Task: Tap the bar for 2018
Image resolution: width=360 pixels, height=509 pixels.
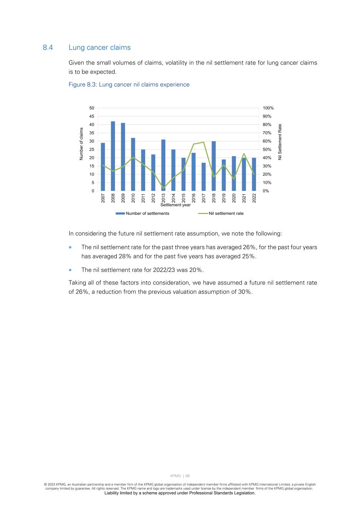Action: tap(213, 166)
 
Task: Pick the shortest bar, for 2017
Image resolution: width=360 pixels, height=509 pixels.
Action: tap(203, 177)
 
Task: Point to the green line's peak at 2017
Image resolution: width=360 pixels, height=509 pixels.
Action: tap(203, 142)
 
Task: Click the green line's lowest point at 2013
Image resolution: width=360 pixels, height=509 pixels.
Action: tap(163, 188)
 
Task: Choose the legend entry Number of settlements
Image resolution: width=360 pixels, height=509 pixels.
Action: tap(147, 214)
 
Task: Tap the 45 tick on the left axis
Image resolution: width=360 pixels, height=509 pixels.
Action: tap(91, 116)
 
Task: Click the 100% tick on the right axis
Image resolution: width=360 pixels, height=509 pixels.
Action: tap(268, 108)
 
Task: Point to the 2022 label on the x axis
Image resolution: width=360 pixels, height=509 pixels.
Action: tap(254, 198)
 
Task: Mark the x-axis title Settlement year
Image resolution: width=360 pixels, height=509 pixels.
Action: tap(175, 205)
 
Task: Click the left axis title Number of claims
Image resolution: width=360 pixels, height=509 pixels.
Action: tap(81, 144)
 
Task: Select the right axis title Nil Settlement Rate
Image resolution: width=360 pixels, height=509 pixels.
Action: tap(280, 142)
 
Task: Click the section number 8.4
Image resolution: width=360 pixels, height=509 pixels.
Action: tap(48, 48)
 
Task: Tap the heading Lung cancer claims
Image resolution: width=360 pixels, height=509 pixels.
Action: tap(100, 48)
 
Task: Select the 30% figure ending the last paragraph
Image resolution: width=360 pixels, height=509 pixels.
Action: tap(245, 292)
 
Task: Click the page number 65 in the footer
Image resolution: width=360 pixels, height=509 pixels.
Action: tap(188, 476)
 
